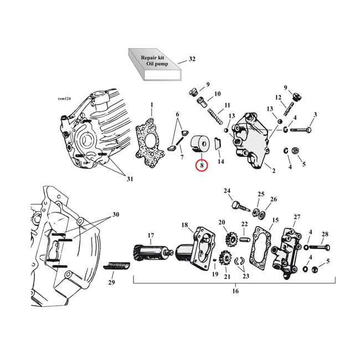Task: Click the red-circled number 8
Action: pos(201,165)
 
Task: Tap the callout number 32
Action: pos(192,59)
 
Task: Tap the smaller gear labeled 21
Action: pos(225,258)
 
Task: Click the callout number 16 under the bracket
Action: pos(235,291)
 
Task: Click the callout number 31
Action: pos(130,178)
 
